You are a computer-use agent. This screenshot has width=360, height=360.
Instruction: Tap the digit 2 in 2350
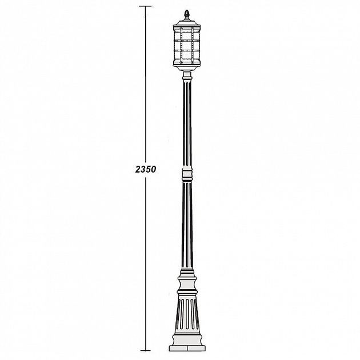coord(138,170)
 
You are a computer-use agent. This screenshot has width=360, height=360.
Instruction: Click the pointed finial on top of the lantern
coord(186,12)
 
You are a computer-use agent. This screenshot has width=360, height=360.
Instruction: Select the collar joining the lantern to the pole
coord(186,75)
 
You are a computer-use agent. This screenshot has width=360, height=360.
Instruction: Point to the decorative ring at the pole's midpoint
coord(186,173)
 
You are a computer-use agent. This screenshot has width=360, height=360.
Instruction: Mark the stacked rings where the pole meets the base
coord(186,273)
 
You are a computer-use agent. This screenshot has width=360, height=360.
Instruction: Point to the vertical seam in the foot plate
coord(186,347)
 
